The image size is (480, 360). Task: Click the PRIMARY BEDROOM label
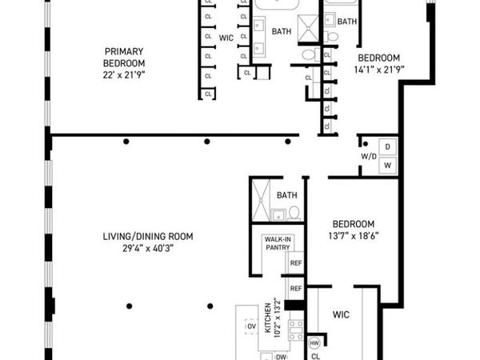coord(124,57)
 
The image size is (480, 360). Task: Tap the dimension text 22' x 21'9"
coord(124,74)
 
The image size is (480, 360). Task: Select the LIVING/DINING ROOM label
coord(147,236)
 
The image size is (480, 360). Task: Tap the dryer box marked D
coord(388,146)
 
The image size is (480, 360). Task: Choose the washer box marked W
coord(388,165)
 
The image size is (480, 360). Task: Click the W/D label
coord(368,156)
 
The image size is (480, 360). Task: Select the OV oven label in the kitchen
coord(251,327)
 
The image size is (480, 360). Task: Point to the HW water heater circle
coord(314,342)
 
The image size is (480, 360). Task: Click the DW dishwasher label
coord(281,358)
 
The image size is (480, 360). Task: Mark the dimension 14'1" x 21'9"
coord(378,70)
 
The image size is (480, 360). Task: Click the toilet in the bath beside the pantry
coord(294,213)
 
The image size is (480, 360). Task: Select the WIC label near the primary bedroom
coord(226,38)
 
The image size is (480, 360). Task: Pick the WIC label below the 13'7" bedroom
coord(342,315)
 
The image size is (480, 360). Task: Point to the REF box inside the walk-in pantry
coord(295,263)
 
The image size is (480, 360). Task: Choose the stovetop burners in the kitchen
coord(295,329)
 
